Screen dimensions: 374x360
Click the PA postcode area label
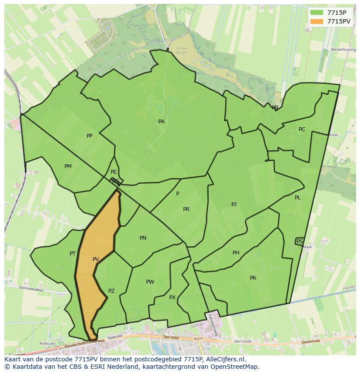point(161,122)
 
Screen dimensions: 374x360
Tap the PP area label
point(90,136)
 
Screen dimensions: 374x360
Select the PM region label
point(68,166)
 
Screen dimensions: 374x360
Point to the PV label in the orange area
point(96,259)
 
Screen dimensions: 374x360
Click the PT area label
point(73,254)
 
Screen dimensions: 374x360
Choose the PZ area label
point(111,291)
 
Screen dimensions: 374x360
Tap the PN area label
point(143,238)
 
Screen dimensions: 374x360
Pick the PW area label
point(150,282)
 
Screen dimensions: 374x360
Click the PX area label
point(172,298)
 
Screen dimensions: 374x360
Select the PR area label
point(186,209)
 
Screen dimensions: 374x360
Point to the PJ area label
point(234,204)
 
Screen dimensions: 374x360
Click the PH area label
point(236,253)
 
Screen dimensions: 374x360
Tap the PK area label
point(253,278)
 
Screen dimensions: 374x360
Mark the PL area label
point(298,198)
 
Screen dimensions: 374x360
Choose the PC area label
point(302,129)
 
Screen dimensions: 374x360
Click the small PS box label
point(300,242)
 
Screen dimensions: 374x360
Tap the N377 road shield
point(199,339)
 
